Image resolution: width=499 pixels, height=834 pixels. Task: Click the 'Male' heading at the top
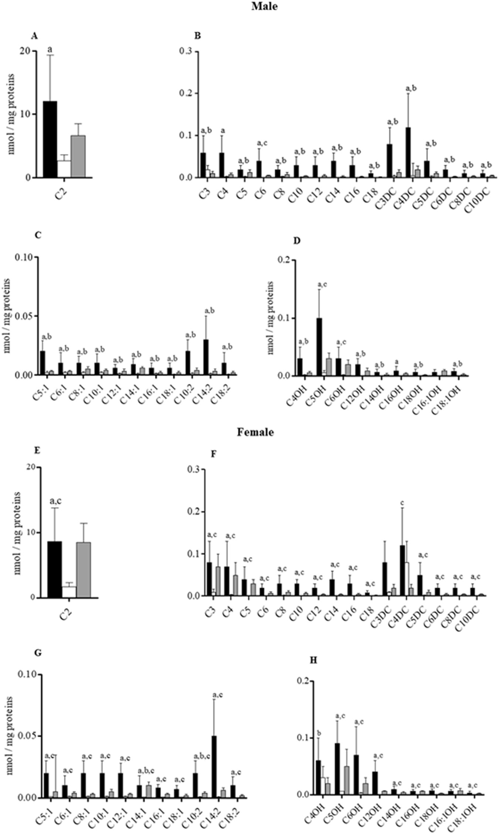[x=264, y=6]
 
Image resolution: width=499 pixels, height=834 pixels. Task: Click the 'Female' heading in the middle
[x=255, y=432]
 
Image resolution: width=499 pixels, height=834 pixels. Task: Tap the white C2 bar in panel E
[x=69, y=592]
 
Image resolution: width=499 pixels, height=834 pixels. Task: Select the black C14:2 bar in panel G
[x=214, y=766]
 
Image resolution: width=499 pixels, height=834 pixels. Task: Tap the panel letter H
[x=313, y=660]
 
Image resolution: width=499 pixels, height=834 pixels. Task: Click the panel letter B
[x=198, y=36]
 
